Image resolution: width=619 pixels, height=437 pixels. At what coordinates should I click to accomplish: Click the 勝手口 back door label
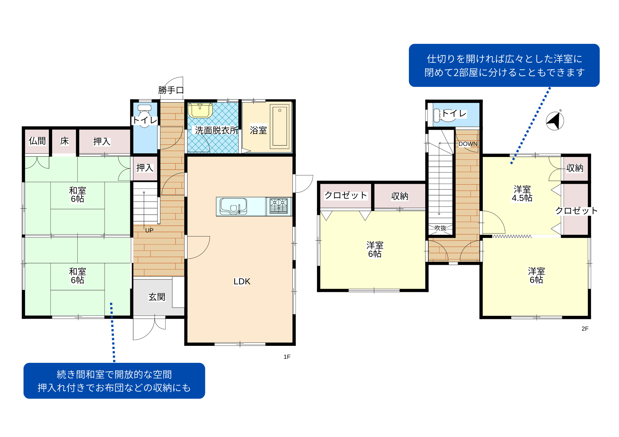171,90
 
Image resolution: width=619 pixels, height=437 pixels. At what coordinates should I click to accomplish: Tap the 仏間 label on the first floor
37,141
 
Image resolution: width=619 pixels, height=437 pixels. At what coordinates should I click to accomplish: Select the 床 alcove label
64,141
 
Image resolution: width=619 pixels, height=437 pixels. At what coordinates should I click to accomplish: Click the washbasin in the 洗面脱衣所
200,110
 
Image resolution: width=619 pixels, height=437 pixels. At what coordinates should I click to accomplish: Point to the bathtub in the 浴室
280,126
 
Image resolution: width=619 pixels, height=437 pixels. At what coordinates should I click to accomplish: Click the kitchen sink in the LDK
233,206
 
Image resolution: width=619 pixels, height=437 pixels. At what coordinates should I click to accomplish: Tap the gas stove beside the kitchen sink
279,206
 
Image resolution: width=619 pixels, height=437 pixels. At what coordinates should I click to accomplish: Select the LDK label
242,282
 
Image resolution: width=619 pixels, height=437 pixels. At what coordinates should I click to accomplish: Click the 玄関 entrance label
157,297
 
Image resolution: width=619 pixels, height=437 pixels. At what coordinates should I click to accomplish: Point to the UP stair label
149,230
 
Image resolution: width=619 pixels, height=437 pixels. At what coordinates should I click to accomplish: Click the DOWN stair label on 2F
468,144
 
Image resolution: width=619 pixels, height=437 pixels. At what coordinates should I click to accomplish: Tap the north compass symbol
555,121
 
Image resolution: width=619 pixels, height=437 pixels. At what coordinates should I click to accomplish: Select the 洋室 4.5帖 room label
522,193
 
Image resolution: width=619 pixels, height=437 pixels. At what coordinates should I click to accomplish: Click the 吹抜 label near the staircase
440,228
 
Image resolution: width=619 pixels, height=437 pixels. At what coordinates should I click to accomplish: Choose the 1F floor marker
287,357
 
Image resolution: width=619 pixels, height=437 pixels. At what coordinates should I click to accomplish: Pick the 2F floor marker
585,329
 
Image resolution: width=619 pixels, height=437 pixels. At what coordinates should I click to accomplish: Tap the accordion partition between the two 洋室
512,236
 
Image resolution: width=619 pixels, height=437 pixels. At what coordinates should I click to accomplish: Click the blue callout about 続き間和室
114,381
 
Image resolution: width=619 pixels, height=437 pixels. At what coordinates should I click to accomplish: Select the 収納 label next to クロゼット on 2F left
400,196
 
